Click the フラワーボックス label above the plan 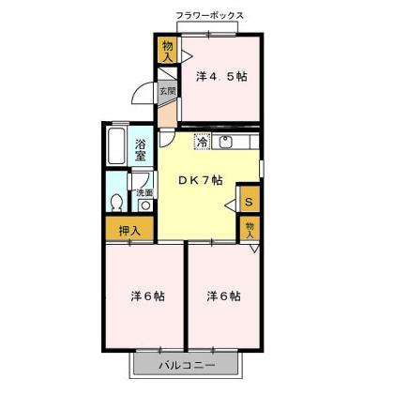210,16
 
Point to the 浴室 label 140,149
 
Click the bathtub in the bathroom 115,148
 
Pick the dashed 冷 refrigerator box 202,143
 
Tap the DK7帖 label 202,179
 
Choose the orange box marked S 248,199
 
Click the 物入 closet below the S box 250,228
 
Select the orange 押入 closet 129,229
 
